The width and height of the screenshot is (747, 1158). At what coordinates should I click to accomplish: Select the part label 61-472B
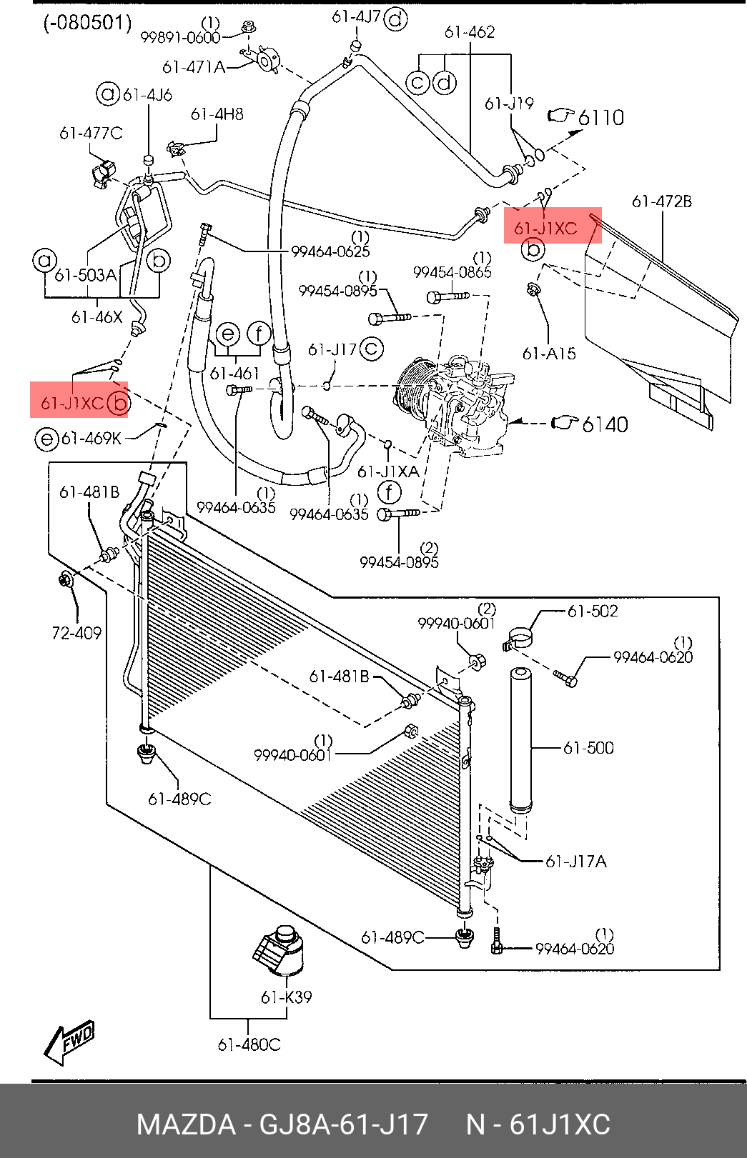tap(662, 201)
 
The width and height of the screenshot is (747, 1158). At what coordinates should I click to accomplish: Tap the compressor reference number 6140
tap(605, 424)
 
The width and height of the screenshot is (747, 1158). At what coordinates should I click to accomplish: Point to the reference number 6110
tap(600, 118)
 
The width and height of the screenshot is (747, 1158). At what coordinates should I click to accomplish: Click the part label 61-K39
tap(286, 997)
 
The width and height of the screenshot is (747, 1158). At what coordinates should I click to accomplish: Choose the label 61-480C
tap(249, 1045)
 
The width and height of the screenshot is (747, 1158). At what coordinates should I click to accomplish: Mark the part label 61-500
tap(588, 747)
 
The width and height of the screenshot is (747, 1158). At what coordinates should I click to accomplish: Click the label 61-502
tap(593, 611)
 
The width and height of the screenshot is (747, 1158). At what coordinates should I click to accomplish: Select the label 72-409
tap(76, 633)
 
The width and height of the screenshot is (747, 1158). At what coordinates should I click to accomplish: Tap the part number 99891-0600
tap(181, 38)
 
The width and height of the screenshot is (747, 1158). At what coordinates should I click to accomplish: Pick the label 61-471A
tap(194, 67)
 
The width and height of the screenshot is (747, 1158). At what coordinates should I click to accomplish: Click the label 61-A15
tap(549, 354)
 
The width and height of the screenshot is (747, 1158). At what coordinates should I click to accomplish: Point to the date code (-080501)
tap(87, 24)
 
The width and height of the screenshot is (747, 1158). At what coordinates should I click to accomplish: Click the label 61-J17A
tap(575, 862)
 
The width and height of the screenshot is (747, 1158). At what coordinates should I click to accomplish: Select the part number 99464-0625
tap(330, 251)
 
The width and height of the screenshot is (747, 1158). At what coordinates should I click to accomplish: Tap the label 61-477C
tap(91, 134)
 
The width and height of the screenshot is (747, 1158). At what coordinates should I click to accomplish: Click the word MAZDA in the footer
tap(186, 1124)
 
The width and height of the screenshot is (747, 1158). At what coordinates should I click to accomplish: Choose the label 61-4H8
tap(217, 114)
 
